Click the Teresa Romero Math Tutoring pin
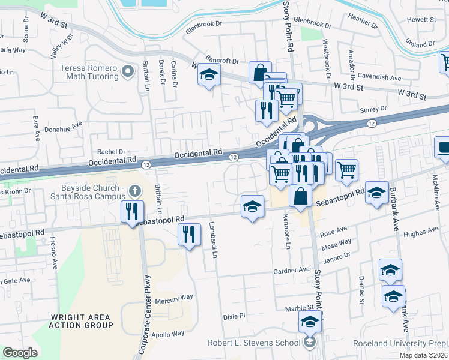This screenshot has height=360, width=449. point(127,72)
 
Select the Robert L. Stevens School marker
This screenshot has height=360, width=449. point(309,343)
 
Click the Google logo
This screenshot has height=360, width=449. point(20,353)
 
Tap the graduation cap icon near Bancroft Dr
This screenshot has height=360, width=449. point(208,76)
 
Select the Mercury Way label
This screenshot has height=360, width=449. point(174,297)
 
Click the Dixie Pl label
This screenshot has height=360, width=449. point(234,316)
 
